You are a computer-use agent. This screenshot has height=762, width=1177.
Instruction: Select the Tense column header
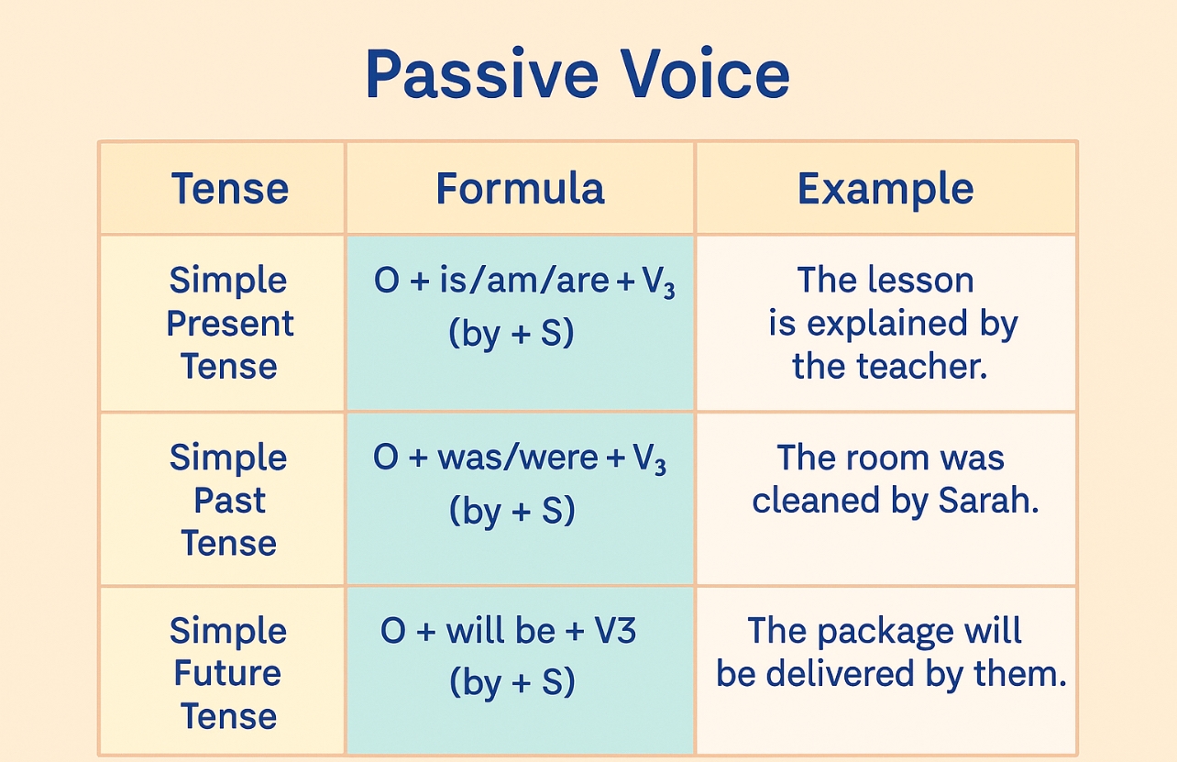[x=229, y=189]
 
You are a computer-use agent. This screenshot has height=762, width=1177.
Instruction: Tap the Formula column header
[x=520, y=189]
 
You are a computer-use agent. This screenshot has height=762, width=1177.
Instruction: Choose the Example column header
[x=885, y=189]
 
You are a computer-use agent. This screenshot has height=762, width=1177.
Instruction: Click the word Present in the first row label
[x=230, y=324]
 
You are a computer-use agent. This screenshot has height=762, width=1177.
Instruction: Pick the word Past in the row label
[x=229, y=501]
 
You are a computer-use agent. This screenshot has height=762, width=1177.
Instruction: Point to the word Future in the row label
[x=228, y=673]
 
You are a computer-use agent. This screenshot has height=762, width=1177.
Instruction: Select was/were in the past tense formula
[x=519, y=458]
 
